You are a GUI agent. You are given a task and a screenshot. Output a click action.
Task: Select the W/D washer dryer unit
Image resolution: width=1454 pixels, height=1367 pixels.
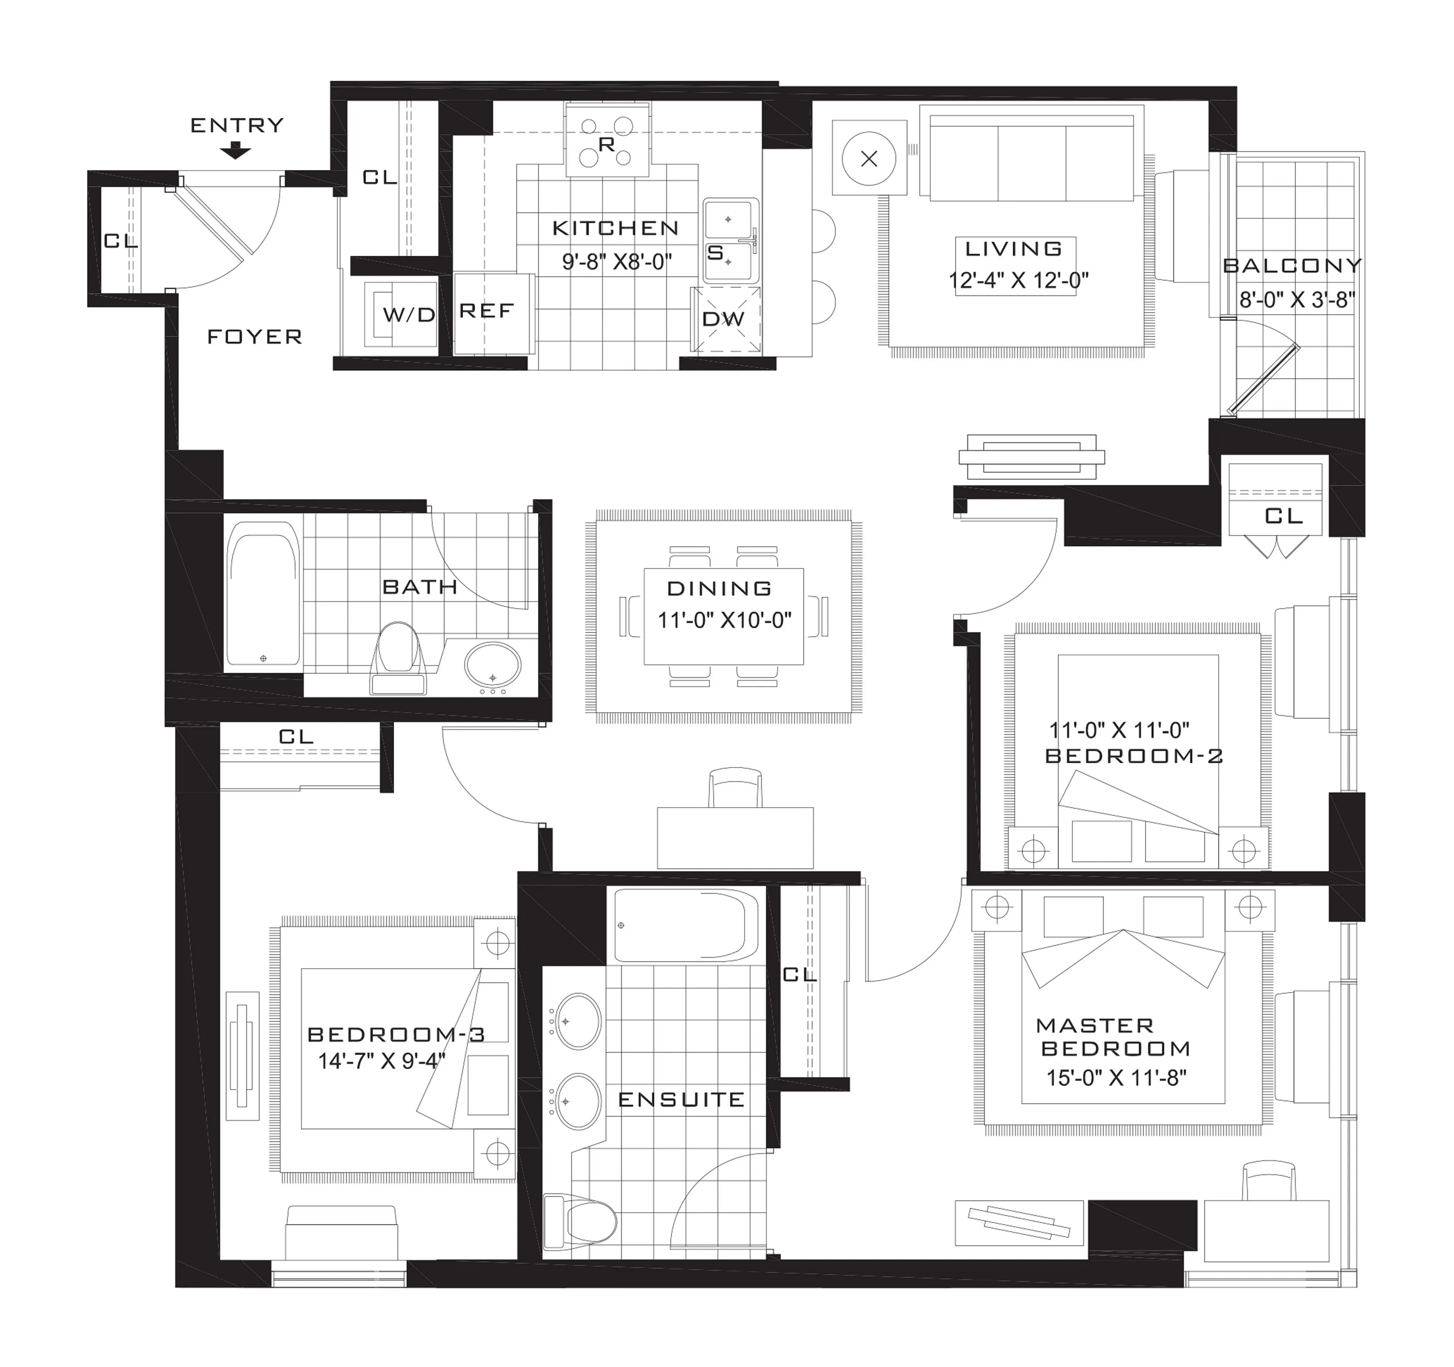(401, 315)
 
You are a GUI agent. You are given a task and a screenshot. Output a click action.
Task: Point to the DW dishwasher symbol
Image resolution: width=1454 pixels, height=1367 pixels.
(725, 319)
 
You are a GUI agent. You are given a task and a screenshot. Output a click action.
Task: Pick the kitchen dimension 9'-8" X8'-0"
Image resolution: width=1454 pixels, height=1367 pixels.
(616, 262)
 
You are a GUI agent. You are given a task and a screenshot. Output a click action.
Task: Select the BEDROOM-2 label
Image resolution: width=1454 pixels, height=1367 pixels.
(1134, 756)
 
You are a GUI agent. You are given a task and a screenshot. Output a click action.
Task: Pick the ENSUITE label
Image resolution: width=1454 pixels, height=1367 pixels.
(681, 1099)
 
